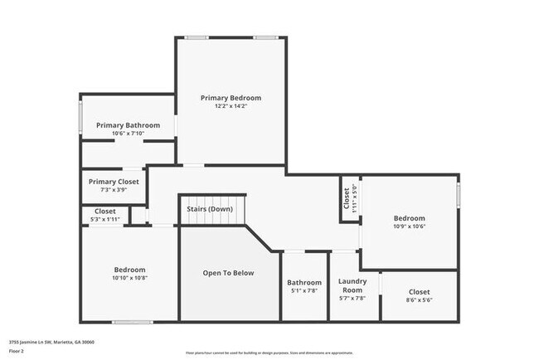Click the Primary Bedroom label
[231, 98]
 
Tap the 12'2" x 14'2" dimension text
[231, 106]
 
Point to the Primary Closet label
[114, 182]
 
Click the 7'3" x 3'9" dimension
[114, 190]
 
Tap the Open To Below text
[229, 273]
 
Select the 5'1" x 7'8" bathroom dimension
[304, 290]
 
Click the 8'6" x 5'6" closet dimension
[419, 300]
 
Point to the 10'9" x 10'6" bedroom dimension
[409, 226]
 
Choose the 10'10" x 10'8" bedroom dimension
[129, 278]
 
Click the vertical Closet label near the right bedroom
[347, 199]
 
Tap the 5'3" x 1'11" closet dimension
[105, 219]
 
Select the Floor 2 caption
[17, 351]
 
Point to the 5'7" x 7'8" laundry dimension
[352, 299]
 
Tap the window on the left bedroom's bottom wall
[132, 322]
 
